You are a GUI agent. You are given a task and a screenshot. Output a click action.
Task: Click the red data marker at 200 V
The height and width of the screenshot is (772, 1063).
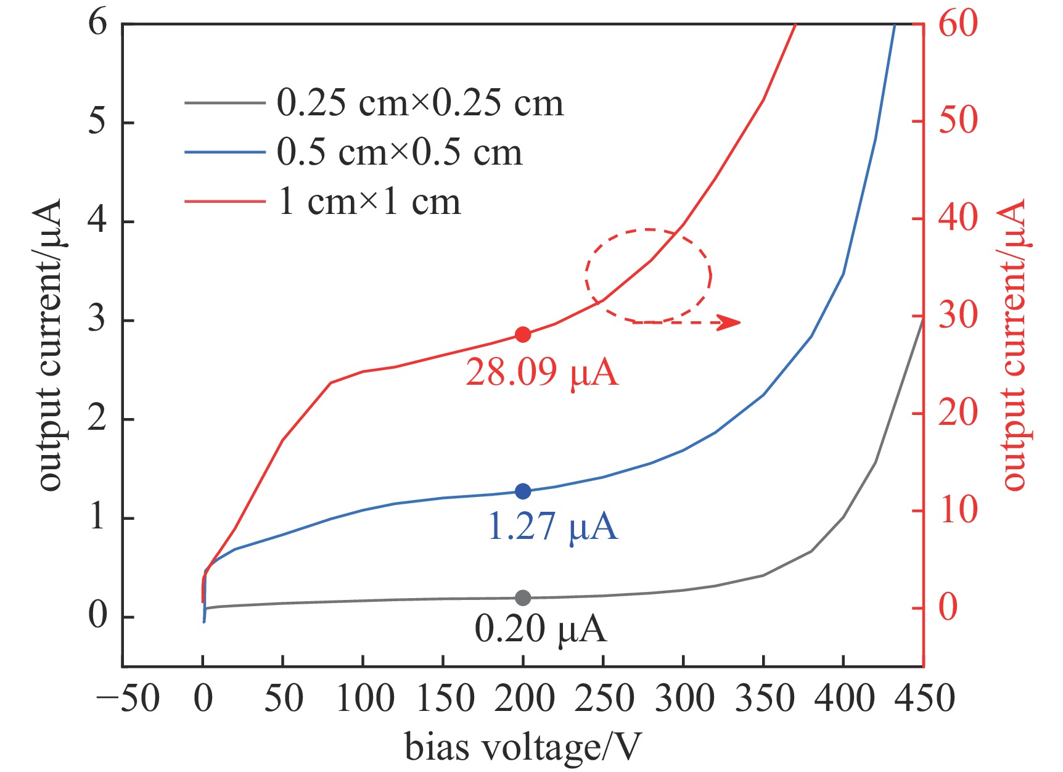pos(523,335)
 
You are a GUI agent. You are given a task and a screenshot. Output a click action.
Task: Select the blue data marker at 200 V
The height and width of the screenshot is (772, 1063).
pos(523,491)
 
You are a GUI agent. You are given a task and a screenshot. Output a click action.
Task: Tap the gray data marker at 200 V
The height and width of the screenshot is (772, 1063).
pos(523,597)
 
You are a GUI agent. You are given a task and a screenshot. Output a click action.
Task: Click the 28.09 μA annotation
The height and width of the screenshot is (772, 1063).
pos(541,372)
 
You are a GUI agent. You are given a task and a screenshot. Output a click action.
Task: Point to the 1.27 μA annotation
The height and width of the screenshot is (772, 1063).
pos(552,527)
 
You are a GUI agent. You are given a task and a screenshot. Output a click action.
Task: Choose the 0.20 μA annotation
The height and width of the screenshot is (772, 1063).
pos(540,630)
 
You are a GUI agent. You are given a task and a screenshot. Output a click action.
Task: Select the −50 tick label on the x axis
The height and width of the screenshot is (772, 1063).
pos(128,699)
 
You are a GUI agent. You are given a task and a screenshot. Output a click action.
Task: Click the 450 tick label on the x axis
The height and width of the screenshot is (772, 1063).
pos(923,699)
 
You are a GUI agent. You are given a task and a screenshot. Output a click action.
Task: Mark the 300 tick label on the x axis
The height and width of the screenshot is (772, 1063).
pos(683,699)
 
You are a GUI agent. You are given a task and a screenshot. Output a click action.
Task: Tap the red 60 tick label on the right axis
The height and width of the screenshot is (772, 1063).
pos(958,25)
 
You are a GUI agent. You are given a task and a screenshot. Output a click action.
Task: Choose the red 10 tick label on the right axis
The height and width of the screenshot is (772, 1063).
pos(958,511)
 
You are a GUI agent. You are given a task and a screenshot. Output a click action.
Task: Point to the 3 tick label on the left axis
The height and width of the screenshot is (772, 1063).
pos(97,320)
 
